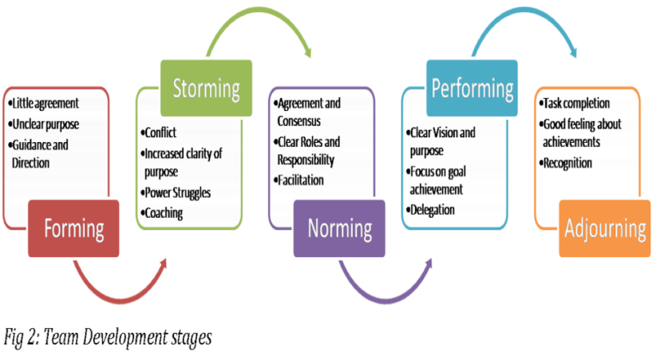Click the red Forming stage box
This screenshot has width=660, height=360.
(73, 229)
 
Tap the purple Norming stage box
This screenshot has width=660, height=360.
(339, 229)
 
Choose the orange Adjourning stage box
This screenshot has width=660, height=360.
(604, 229)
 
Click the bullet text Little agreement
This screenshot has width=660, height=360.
(45, 104)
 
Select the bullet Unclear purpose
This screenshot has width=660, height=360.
(46, 124)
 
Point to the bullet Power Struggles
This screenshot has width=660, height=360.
(180, 192)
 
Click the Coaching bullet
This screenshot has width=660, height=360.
(164, 212)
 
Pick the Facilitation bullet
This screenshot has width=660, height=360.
(301, 180)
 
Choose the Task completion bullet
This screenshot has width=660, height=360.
(577, 104)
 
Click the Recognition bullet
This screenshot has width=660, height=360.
(568, 163)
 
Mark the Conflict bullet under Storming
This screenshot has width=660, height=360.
(160, 132)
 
